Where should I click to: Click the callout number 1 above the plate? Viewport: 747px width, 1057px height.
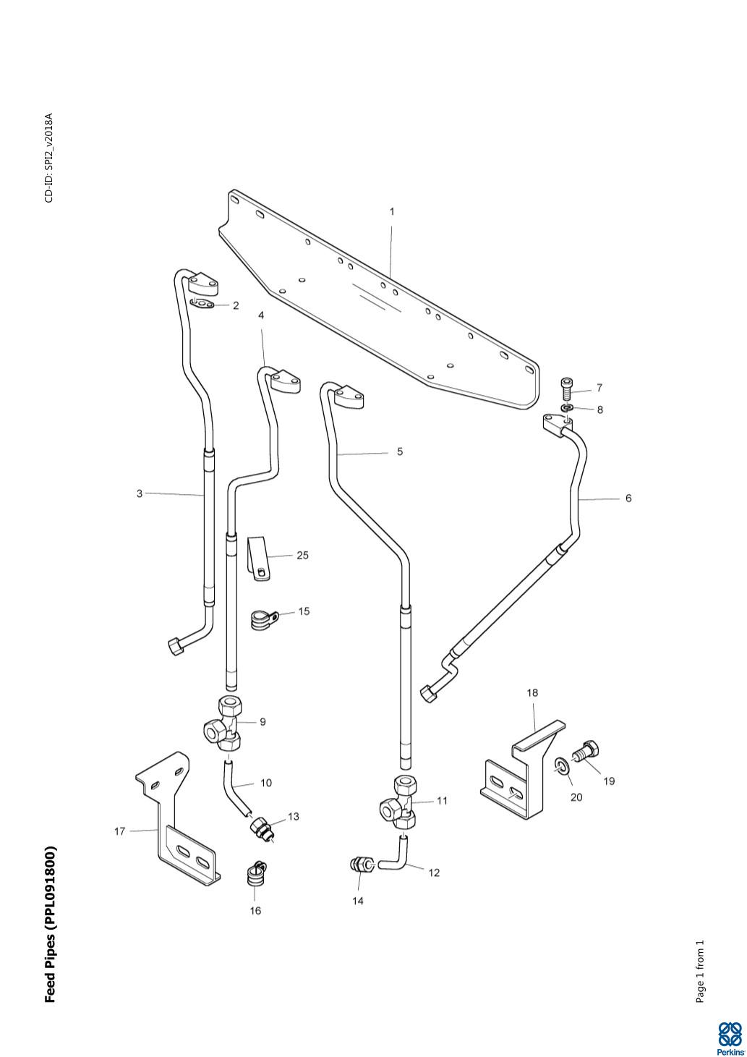pos(392,212)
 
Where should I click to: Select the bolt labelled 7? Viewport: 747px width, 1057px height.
pos(566,389)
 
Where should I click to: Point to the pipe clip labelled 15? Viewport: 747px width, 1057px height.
pos(260,619)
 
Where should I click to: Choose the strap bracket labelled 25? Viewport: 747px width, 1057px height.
pos(257,558)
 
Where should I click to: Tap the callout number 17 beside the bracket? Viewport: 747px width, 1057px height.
pos(120,831)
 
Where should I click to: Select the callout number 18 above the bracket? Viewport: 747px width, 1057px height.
pos(532,693)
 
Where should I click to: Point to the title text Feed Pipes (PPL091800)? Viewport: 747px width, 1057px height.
pos(50,924)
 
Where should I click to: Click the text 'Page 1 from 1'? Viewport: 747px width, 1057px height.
pos(699,972)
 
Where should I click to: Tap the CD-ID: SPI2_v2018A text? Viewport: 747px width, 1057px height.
pos(49,158)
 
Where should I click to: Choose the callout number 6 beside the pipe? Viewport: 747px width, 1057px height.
pos(628,498)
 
